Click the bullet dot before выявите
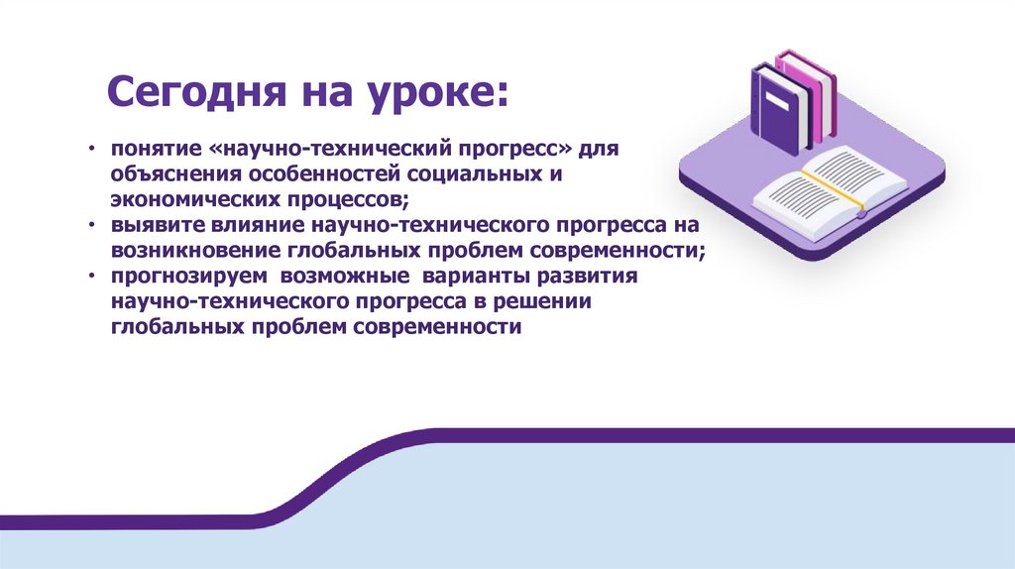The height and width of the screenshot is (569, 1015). pos(92,227)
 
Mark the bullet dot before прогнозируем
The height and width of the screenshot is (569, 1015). pos(92,278)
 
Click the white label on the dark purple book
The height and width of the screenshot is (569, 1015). pos(779,100)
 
